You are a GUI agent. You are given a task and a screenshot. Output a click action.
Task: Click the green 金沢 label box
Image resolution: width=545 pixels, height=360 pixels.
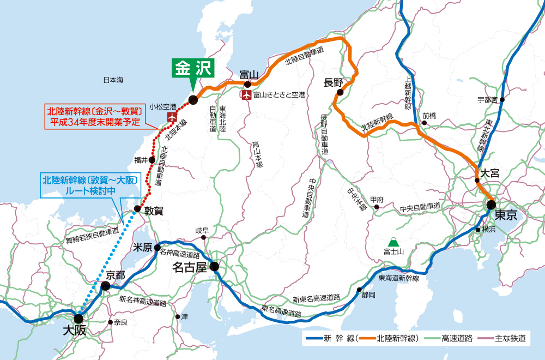click(x=193, y=68)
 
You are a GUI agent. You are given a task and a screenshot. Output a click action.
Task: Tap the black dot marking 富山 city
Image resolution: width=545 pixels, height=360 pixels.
click(x=247, y=85)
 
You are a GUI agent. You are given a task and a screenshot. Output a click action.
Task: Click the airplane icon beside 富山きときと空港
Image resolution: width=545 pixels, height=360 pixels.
click(x=246, y=95)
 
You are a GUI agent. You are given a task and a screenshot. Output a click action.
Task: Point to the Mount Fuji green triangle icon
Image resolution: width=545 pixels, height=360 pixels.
click(x=391, y=241)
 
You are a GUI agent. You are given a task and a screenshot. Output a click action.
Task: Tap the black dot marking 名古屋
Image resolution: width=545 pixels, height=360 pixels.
click(x=214, y=267)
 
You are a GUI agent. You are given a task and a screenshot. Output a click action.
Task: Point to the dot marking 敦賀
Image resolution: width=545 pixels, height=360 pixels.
click(x=137, y=209)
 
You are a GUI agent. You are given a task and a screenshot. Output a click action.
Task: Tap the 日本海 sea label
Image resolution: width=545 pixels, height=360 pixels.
click(x=113, y=80)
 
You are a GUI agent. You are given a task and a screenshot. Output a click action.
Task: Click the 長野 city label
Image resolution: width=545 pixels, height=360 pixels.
click(x=333, y=83)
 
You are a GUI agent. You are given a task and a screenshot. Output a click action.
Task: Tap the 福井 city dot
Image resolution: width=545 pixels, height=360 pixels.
click(x=153, y=160)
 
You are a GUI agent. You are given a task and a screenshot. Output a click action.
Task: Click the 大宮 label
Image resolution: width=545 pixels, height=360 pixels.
click(x=489, y=173)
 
